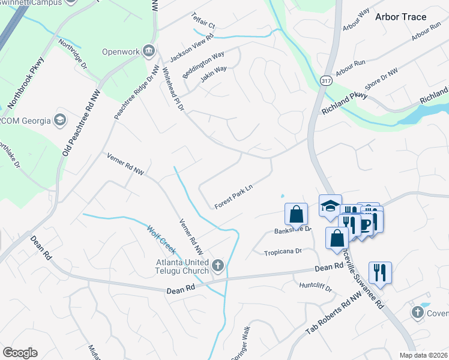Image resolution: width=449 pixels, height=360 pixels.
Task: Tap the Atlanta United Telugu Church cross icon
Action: pyautogui.click(x=217, y=265)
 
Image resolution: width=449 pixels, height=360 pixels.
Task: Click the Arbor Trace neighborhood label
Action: pyautogui.click(x=400, y=17)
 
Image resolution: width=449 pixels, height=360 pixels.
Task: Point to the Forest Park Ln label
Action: pyautogui.click(x=234, y=197)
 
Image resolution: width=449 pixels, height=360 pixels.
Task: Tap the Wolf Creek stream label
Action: pyautogui.click(x=160, y=236)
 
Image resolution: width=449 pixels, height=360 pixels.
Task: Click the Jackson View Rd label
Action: pyautogui.click(x=191, y=47)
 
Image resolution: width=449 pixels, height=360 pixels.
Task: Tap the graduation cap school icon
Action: pyautogui.click(x=330, y=205)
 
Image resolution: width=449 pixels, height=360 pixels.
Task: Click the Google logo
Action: pyautogui.click(x=20, y=353)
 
